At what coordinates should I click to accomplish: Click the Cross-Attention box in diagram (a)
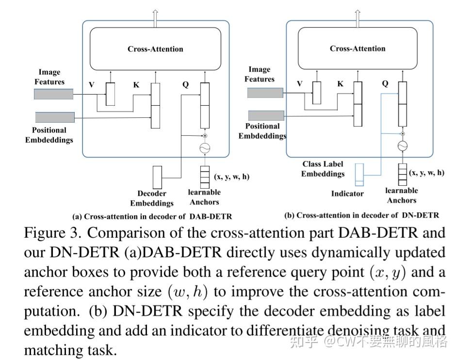pos(155,49)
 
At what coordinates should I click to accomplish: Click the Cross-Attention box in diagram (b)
pos(357,48)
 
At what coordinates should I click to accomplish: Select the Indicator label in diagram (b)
pos(347,193)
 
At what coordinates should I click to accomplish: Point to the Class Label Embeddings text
pos(323,169)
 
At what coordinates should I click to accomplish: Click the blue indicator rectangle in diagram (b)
pos(359,175)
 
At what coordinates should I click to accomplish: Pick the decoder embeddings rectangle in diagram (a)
pos(157,177)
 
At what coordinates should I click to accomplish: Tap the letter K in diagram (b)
pos(340,84)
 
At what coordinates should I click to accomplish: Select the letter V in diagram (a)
pos(91,85)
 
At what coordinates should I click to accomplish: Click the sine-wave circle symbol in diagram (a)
pos(204,148)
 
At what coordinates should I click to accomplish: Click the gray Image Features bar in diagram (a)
pos(53,94)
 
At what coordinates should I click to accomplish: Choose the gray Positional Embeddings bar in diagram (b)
pos(265,115)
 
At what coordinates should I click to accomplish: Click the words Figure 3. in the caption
pos(52,233)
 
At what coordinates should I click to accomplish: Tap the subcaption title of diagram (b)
pos(361,215)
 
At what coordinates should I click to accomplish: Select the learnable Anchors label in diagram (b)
pos(401,195)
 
